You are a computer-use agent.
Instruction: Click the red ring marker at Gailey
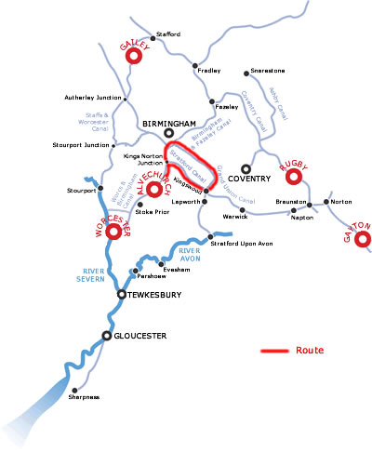pyautogui.click(x=133, y=56)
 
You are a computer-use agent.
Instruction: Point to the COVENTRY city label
pyautogui.click(x=250, y=179)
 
